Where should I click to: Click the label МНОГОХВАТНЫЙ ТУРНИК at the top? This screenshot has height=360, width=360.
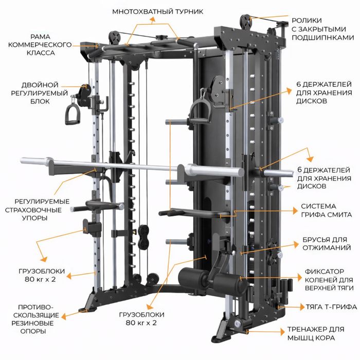click(158, 11)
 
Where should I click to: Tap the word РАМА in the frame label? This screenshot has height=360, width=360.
click(41, 37)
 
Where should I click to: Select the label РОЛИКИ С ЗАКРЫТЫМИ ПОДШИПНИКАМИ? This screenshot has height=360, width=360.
click(322, 29)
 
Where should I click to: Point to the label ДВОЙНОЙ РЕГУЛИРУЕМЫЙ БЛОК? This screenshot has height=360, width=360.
click(40, 93)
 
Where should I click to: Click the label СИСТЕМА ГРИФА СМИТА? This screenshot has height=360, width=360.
click(326, 210)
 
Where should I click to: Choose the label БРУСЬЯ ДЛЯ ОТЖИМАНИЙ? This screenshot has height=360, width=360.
click(327, 244)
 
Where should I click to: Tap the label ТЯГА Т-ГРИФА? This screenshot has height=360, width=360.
click(331, 307)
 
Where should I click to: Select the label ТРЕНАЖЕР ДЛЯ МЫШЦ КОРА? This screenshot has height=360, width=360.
click(316, 333)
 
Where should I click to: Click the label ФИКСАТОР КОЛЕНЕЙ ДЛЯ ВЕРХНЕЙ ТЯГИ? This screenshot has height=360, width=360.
click(329, 280)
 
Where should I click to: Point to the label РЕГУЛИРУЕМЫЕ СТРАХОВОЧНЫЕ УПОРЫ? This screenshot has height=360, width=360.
click(37, 210)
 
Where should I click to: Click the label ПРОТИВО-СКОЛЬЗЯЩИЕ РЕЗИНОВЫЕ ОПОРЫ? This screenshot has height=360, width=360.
click(35, 319)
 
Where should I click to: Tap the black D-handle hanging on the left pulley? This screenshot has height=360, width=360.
click(73, 114)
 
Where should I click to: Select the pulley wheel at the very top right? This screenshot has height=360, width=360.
click(246, 23)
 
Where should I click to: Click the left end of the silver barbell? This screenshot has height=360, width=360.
click(22, 160)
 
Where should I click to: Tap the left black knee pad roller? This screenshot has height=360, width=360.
click(193, 277)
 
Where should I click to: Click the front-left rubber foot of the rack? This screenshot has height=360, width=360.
click(83, 310)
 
